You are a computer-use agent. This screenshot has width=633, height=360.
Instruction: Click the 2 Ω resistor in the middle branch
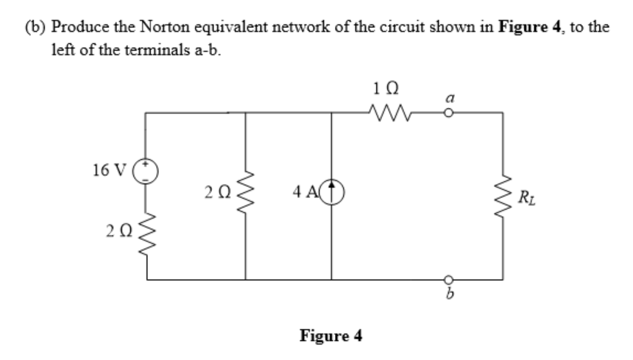coord(245,195)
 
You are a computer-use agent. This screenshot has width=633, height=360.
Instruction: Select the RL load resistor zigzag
coord(503,196)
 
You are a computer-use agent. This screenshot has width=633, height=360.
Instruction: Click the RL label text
coord(527,197)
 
